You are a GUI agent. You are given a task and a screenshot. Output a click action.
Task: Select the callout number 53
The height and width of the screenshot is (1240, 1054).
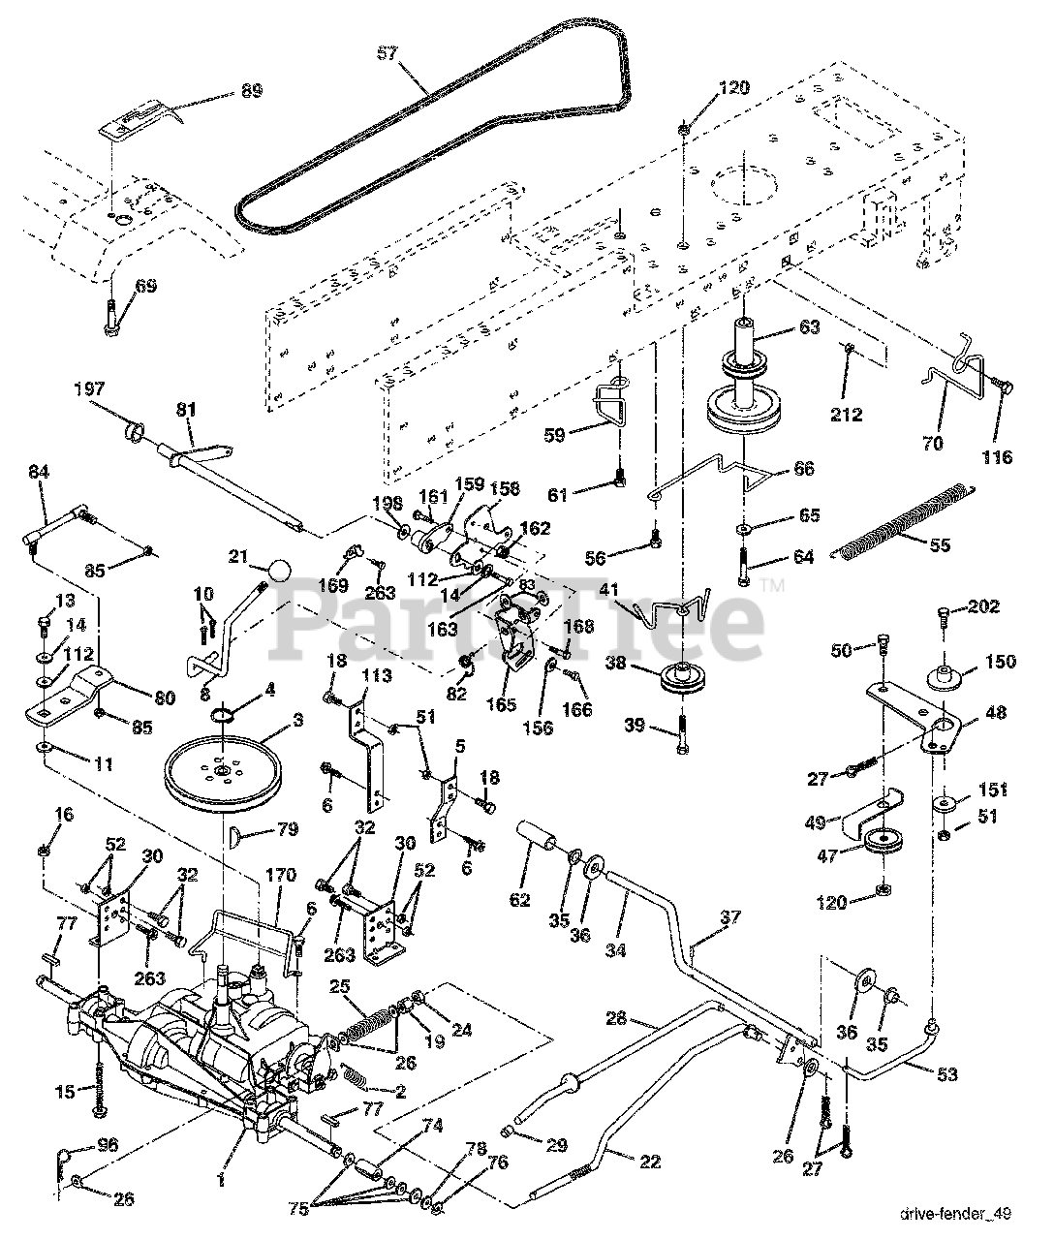[x=945, y=1073]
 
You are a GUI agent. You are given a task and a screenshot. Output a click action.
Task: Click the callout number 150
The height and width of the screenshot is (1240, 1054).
[x=1002, y=662]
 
